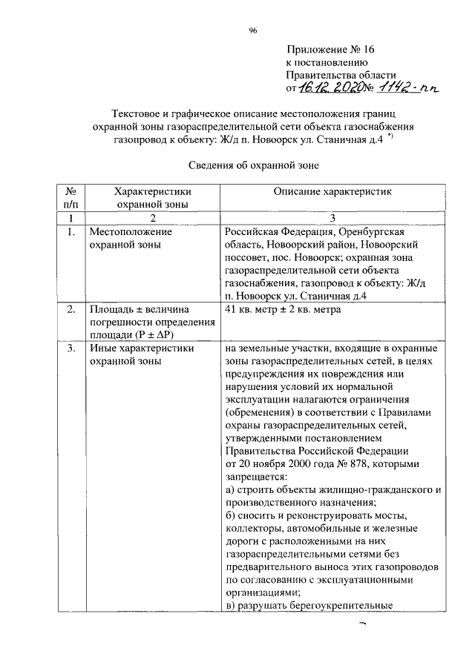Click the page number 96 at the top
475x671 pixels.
252,30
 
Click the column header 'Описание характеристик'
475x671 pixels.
332,191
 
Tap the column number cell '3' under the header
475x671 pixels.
332,217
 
